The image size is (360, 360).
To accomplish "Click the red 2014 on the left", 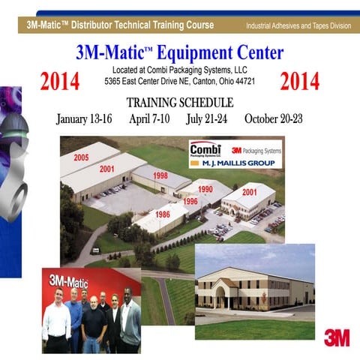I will [60, 82].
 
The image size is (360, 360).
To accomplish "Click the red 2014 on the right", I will [299, 82].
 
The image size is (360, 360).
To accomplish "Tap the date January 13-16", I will [84, 118].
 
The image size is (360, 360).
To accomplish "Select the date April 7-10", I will [148, 118].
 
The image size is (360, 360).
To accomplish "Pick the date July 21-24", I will [206, 118].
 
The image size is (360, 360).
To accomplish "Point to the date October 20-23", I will [274, 118].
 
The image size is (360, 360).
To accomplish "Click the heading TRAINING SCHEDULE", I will [179, 103].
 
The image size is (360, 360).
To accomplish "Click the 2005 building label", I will [82, 157].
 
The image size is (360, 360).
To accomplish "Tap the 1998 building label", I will [160, 175].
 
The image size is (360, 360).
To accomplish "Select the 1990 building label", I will [205, 189].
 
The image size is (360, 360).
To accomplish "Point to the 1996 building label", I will [190, 201].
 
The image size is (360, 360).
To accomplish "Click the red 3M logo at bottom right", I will [337, 337].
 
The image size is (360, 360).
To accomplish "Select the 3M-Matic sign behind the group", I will [69, 281].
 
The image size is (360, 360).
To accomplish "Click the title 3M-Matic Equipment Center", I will [179, 53].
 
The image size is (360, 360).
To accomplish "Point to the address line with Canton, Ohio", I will [179, 80].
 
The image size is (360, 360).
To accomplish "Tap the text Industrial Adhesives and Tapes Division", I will [298, 26].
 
